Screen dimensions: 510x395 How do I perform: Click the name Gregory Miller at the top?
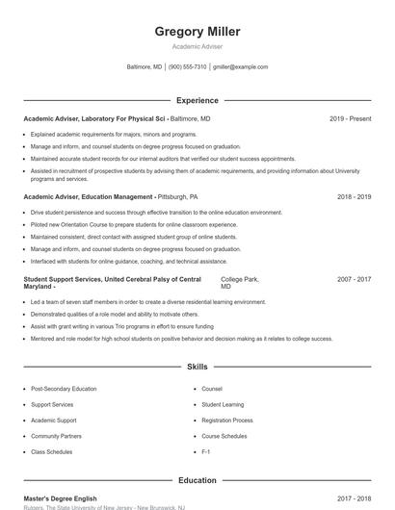pos(197,32)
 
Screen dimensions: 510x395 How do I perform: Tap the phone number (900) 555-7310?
pos(188,67)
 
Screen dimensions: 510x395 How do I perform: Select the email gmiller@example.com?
pos(240,67)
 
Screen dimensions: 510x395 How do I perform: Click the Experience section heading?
pos(197,100)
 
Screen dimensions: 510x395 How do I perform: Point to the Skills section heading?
pos(197,368)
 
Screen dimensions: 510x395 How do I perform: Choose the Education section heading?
pos(197,480)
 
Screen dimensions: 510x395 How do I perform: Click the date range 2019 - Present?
pos(350,118)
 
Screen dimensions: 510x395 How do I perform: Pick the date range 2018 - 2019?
pos(354,196)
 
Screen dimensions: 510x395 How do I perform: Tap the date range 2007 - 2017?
pos(354,279)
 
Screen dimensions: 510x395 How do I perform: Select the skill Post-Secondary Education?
pos(64,389)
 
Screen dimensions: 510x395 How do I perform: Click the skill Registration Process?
pos(227,421)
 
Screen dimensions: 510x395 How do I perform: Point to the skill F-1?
pos(206,451)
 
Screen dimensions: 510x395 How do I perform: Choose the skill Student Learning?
pos(224,405)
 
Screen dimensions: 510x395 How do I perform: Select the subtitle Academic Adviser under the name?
pos(197,46)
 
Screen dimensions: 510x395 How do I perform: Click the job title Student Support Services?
pos(62,279)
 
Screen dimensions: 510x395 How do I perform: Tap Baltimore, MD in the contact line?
pos(145,67)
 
